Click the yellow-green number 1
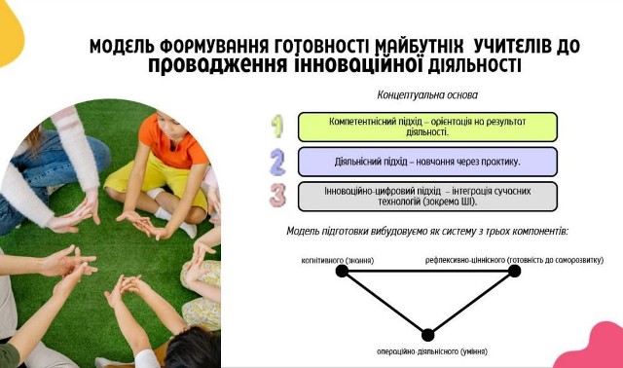pyautogui.click(x=277, y=127)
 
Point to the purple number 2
pyautogui.click(x=277, y=161)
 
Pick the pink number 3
pyautogui.click(x=277, y=195)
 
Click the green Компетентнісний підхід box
pyautogui.click(x=427, y=127)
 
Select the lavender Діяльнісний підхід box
pyautogui.click(x=427, y=161)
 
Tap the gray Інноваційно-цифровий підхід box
pyautogui.click(x=427, y=195)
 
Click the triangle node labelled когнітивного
pyautogui.click(x=342, y=271)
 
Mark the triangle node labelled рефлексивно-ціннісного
pyautogui.click(x=515, y=271)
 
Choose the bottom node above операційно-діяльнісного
pyautogui.click(x=427, y=335)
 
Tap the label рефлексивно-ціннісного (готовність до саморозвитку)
pyautogui.click(x=513, y=260)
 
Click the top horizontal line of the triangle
pyautogui.click(x=428, y=271)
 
